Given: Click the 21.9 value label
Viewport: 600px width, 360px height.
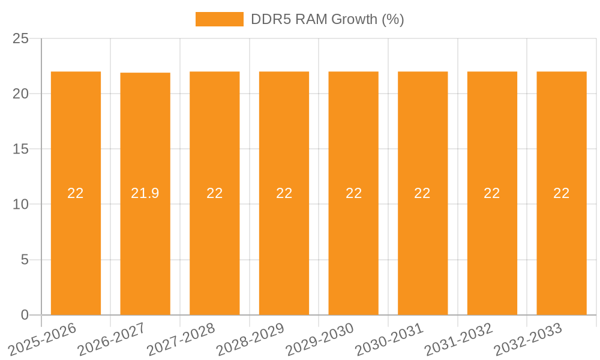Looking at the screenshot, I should pos(145,193).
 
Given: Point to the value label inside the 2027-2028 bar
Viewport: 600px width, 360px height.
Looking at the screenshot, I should pos(215,193).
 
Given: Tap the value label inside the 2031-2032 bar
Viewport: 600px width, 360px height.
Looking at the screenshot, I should pos(492,193).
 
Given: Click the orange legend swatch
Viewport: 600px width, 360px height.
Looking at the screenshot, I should pos(219,19).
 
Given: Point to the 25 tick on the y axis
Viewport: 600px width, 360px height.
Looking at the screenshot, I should pos(20,38).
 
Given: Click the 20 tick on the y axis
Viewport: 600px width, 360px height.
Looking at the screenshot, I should pos(20,94).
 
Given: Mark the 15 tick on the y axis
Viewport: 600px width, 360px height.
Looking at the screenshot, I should pos(20,149).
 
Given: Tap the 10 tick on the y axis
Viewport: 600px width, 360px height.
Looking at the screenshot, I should pos(20,205).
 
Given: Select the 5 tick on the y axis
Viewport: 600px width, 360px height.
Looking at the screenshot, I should pos(25,260).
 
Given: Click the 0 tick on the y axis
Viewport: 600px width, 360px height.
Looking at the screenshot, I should pos(25,315).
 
